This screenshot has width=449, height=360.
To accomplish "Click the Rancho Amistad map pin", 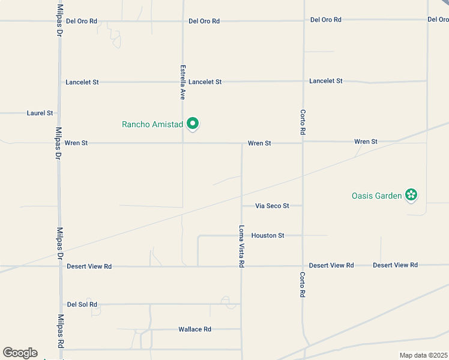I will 193,124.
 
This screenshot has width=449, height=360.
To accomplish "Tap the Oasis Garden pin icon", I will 411,195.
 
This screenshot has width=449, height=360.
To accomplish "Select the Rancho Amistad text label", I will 152,124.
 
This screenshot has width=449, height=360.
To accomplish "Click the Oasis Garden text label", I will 376,196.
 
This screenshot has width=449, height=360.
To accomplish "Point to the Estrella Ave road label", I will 183,82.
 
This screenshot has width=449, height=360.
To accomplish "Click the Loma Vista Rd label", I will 241,246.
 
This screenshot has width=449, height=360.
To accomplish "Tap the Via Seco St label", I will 272,206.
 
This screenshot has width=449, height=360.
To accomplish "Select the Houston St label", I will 268,236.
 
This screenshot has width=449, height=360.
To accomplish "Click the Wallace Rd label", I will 194,329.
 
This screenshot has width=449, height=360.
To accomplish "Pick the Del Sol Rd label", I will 82,305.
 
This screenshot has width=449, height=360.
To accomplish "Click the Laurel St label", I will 40,113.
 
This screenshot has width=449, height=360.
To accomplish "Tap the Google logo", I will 20,353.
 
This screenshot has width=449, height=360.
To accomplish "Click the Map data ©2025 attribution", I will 423,355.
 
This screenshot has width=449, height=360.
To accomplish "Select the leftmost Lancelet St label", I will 82,82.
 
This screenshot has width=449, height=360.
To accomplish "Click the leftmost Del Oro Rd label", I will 82,21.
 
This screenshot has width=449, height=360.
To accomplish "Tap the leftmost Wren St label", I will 76,143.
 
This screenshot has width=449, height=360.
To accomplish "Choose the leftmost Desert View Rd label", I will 89,266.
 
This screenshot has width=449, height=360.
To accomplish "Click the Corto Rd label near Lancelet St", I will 304,122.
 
